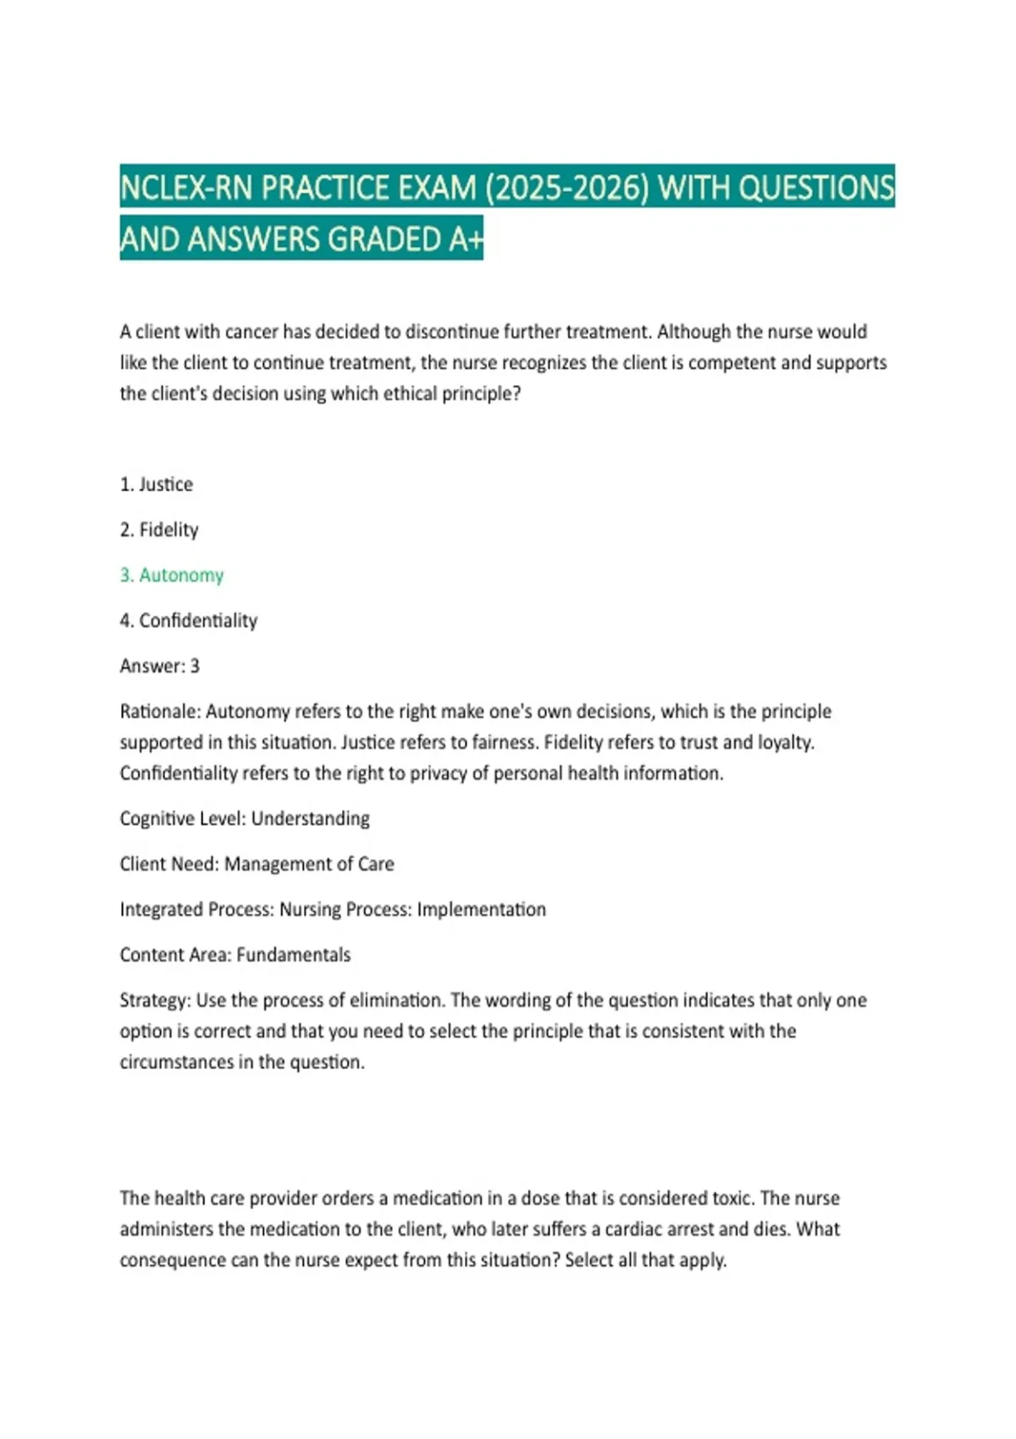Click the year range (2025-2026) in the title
(566, 188)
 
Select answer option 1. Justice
(157, 484)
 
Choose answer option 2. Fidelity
(159, 530)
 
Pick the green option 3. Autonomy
(172, 576)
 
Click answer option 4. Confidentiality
(189, 620)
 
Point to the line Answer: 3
(160, 666)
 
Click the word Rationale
(158, 711)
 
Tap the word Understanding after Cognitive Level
(310, 819)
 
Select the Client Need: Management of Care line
(257, 864)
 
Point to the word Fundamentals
(293, 955)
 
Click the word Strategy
(154, 1001)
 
